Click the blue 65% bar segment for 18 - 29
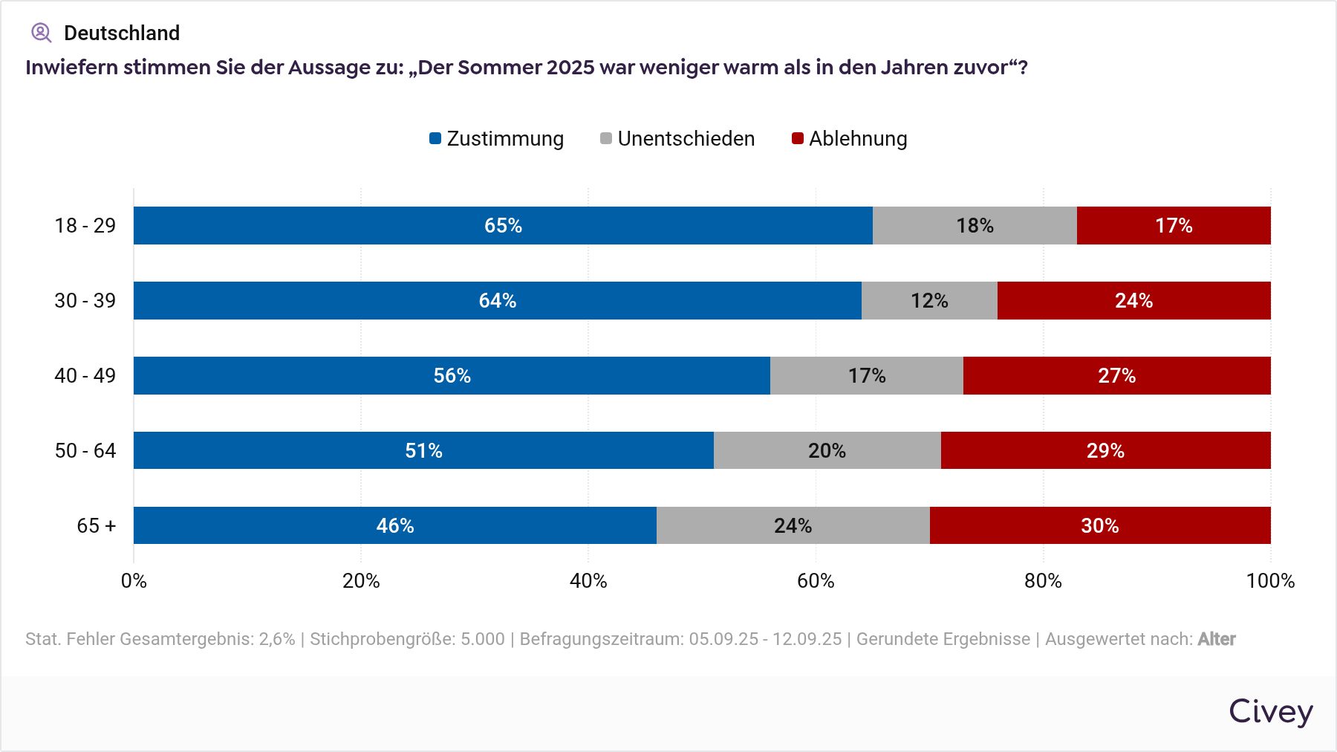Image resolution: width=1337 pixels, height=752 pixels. click(503, 225)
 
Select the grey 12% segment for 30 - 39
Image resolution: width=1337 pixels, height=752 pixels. click(929, 300)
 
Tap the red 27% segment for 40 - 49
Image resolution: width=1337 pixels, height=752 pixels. click(1116, 375)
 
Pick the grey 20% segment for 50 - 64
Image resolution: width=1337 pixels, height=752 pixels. click(827, 450)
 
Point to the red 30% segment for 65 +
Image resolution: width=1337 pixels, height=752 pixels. click(1099, 525)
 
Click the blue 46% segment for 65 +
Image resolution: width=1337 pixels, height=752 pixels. click(394, 525)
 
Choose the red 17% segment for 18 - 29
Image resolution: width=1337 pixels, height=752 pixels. click(1174, 225)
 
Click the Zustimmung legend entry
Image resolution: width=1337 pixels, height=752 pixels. click(497, 139)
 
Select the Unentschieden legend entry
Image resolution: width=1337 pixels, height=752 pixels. click(677, 139)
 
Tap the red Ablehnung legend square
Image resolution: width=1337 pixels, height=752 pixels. click(798, 138)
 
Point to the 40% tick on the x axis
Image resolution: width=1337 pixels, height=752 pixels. click(588, 580)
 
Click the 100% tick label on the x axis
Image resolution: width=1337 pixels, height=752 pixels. click(1270, 580)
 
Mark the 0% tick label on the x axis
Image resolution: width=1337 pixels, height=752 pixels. click(134, 580)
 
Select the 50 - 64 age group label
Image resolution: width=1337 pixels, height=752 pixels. click(85, 450)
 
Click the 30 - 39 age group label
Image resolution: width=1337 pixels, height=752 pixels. click(85, 300)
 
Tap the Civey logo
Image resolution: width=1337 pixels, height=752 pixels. click(1270, 711)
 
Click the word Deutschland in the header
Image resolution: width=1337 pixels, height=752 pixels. click(122, 33)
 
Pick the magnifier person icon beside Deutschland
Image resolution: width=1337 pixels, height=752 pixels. click(41, 33)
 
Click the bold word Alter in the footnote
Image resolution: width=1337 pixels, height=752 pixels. click(1216, 639)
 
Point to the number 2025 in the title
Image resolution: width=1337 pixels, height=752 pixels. click(570, 68)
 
